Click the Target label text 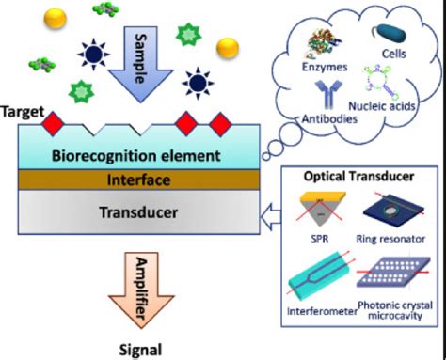tap(24, 111)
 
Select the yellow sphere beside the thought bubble tap(229, 47)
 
